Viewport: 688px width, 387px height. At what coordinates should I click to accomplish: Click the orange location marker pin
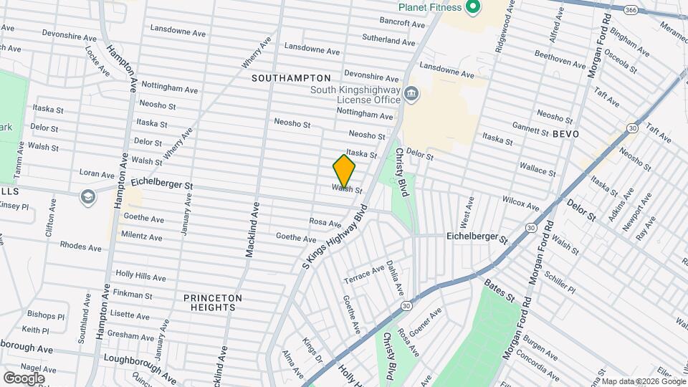point(344,172)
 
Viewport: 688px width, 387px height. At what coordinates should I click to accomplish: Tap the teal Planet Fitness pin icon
point(472,8)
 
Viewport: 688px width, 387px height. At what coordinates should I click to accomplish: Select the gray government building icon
point(411,93)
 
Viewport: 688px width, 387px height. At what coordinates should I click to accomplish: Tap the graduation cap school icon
point(88,196)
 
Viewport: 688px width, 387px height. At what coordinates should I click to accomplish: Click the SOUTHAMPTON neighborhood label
point(290,77)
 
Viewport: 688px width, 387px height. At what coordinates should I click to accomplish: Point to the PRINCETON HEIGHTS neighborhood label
point(213,302)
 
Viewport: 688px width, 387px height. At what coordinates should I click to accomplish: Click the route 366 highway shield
point(631,10)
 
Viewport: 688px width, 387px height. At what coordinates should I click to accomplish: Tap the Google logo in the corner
point(24,378)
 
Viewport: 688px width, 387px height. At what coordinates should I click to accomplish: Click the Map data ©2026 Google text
point(644,381)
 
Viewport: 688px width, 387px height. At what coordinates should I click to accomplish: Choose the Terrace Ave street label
point(364,274)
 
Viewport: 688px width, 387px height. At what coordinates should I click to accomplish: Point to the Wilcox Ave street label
point(520,202)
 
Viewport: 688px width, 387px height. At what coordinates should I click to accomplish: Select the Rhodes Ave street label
point(80,247)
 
